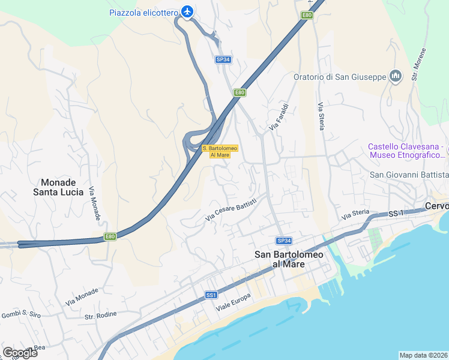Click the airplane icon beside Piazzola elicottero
[x=188, y=11]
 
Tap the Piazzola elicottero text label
[x=144, y=12]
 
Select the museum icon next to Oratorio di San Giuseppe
[x=396, y=76]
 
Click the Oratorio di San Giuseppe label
[x=340, y=77]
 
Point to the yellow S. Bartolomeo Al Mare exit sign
[x=220, y=151]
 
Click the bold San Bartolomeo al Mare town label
[x=289, y=259]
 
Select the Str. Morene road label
[x=419, y=64]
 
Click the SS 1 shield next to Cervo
[x=395, y=214]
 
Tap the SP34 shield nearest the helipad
[x=223, y=59]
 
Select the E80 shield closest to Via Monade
[x=109, y=236]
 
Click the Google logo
[x=20, y=352]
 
